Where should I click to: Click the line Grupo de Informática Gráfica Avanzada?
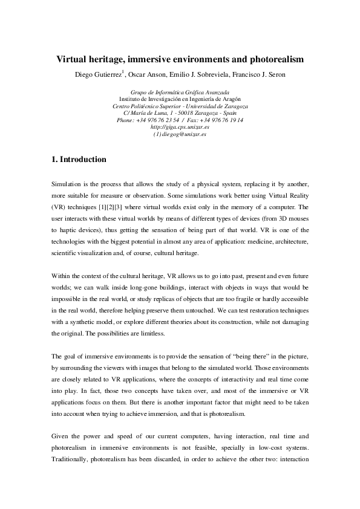(180, 92)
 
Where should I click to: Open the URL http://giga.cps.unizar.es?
(180, 127)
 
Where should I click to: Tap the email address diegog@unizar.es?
(185, 134)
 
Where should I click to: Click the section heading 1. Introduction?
(79, 160)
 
